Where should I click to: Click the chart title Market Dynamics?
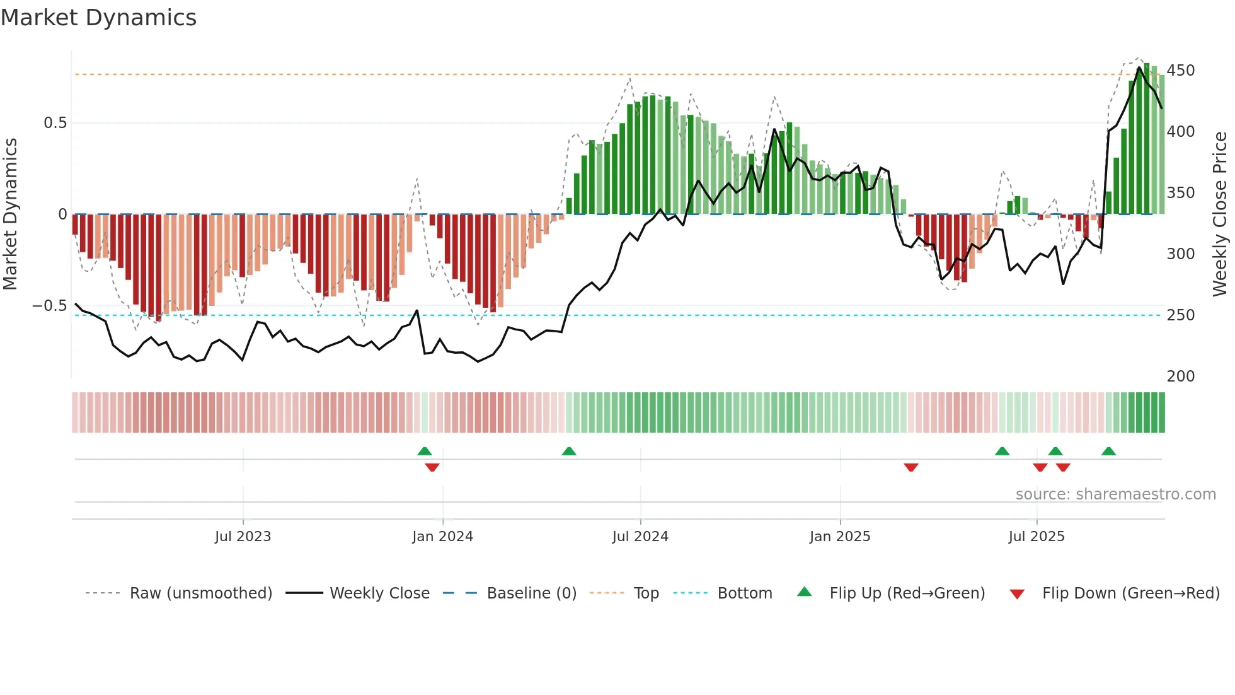coord(98,18)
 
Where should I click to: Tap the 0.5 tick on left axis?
coord(55,123)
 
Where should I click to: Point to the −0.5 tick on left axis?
coord(50,306)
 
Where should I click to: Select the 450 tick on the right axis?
coord(1180,71)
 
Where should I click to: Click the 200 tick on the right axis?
coord(1180,377)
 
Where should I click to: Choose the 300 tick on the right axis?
coord(1180,254)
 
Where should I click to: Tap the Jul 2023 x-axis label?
coord(243,537)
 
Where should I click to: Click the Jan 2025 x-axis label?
coord(839,537)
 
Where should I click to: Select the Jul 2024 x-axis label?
coord(640,537)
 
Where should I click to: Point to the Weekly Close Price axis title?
coord(1220,214)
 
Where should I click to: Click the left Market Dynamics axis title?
coord(10,214)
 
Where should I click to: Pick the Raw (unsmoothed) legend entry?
coord(200,593)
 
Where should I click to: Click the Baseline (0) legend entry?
coord(531,593)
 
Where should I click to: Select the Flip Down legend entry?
coord(1130,593)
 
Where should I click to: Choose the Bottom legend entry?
coord(744,593)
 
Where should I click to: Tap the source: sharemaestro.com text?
coord(1115,494)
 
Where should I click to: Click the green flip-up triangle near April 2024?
coord(568,451)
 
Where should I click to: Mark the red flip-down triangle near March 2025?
coord(910,467)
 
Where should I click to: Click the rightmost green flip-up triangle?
coord(1108,451)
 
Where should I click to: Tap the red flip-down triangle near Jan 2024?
coord(432,467)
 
